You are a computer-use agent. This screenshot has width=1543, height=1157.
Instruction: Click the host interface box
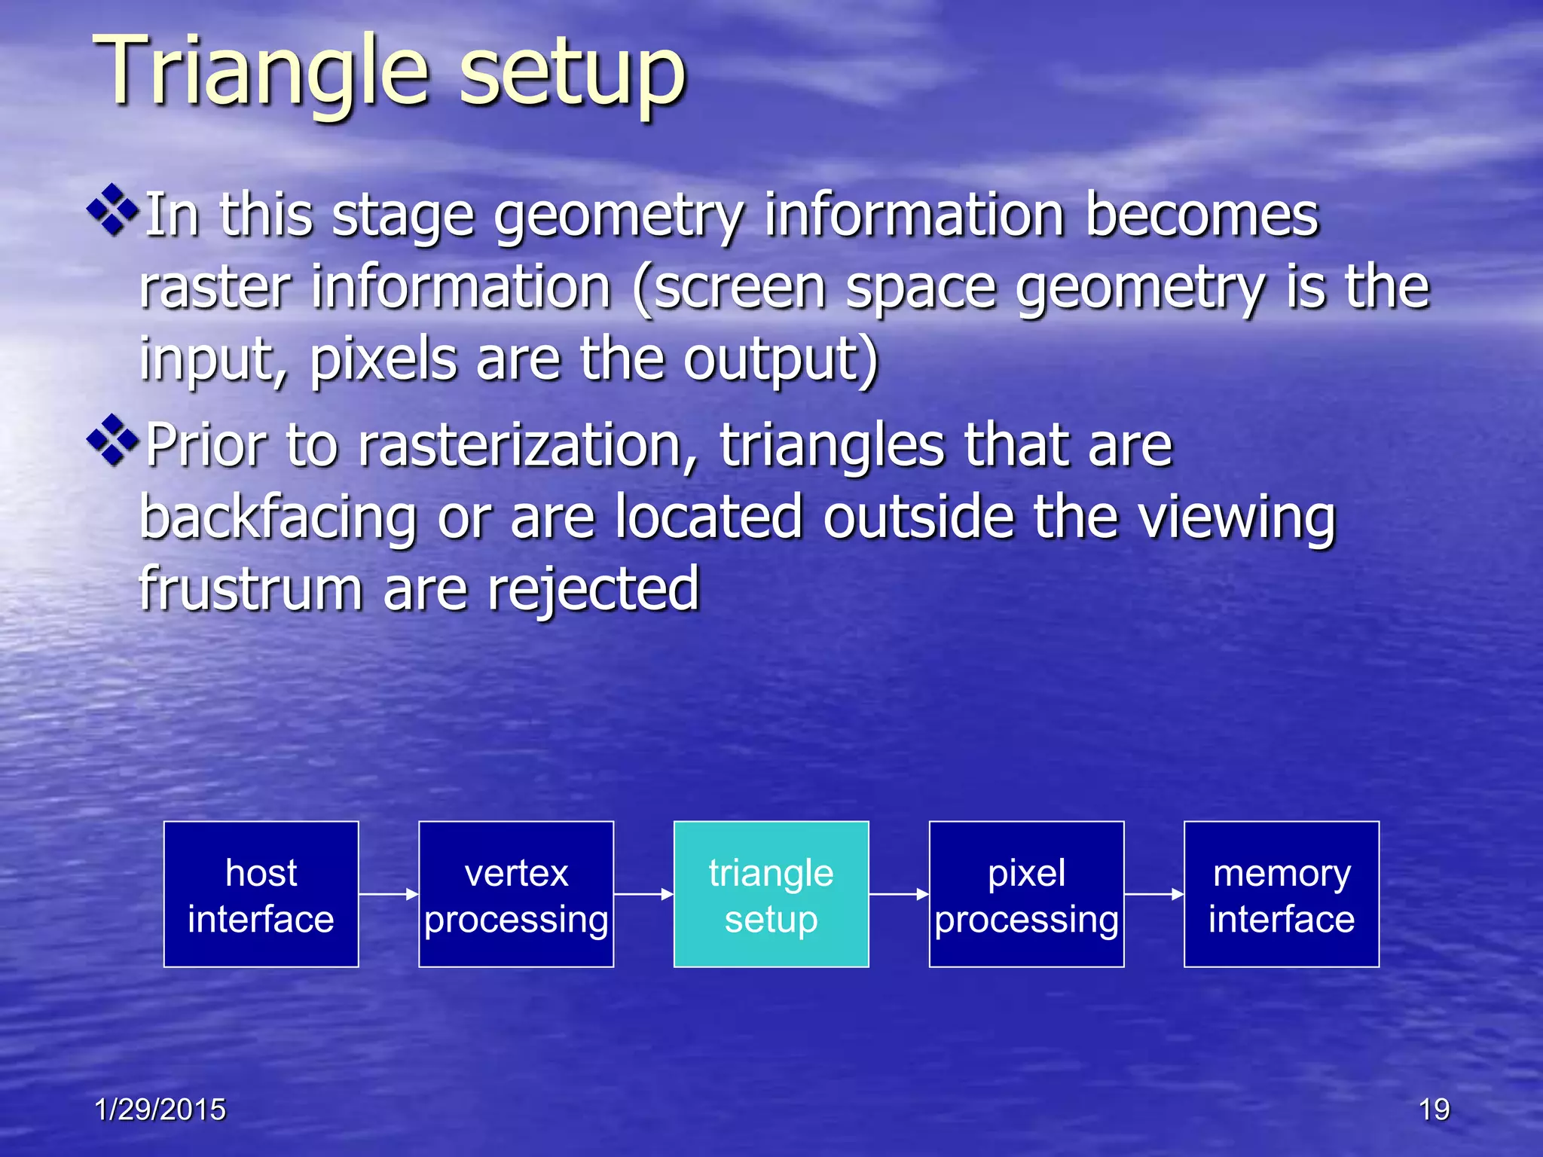point(261,894)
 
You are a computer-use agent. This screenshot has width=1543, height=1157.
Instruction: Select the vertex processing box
point(516,894)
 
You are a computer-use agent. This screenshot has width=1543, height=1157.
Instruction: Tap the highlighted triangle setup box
point(771,894)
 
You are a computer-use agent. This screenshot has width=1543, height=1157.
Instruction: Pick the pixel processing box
point(1026,894)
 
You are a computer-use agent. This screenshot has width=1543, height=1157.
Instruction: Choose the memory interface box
point(1282,894)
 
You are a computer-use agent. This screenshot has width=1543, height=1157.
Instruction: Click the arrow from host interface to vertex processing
point(388,894)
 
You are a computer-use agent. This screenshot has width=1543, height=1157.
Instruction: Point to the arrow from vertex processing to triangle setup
point(643,894)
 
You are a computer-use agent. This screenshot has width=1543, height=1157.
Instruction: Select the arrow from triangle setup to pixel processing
point(899,894)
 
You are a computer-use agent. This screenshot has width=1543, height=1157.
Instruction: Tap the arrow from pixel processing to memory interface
point(1153,894)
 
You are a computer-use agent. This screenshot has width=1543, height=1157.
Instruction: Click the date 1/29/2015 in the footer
point(160,1110)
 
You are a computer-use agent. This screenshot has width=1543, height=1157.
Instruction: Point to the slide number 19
point(1434,1110)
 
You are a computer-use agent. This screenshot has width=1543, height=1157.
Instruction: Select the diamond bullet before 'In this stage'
point(113,210)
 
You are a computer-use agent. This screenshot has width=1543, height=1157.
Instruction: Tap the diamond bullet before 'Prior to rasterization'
point(113,440)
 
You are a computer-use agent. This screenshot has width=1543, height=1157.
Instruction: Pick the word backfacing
point(278,518)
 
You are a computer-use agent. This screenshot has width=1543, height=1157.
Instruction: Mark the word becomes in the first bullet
point(1202,215)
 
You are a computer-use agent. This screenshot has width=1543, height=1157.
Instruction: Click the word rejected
point(593,590)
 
